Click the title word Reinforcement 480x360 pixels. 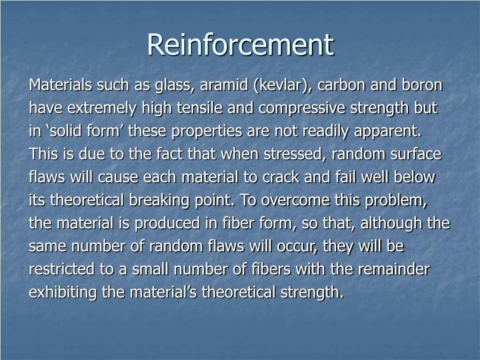click(x=240, y=45)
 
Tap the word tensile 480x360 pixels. click(x=200, y=109)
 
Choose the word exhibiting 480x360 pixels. click(x=63, y=292)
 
